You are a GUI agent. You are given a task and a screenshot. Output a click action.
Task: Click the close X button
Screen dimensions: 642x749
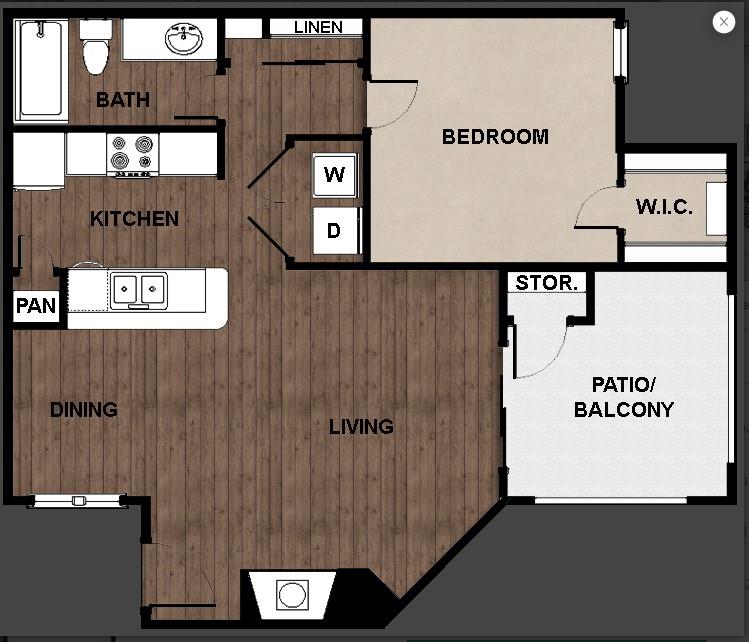click(724, 22)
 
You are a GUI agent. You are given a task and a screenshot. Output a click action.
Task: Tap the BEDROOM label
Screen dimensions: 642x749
click(495, 137)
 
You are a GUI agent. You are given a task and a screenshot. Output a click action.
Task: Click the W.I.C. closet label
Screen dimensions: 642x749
click(664, 207)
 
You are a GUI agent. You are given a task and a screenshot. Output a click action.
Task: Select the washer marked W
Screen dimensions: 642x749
click(334, 175)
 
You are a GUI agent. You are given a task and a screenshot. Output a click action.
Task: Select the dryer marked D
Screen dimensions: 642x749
click(334, 231)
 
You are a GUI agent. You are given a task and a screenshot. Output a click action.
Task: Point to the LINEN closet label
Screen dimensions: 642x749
click(318, 27)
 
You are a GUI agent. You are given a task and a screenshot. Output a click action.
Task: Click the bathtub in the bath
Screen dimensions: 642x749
click(41, 70)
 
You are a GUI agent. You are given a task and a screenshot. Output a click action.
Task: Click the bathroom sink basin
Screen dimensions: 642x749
click(183, 41)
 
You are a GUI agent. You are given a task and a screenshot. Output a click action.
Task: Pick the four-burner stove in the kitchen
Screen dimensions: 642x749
click(133, 155)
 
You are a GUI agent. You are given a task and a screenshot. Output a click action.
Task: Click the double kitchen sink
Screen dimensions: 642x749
click(139, 290)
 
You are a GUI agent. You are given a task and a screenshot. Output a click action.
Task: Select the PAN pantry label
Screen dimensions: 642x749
click(36, 305)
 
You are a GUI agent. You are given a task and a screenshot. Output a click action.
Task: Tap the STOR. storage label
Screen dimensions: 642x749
click(546, 283)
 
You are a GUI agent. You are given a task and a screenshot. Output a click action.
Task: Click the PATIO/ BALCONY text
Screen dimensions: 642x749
click(623, 397)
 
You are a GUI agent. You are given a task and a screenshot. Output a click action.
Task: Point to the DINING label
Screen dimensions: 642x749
click(83, 409)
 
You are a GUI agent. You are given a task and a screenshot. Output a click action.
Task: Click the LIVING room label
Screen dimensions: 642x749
click(361, 427)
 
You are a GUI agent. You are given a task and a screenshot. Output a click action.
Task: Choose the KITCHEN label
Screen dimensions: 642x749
click(134, 219)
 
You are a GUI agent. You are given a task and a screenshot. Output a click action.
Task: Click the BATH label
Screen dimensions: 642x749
click(123, 99)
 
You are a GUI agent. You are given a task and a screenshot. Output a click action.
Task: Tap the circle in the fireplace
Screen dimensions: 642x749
click(292, 595)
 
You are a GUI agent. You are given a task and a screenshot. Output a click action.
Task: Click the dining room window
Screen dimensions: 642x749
click(78, 500)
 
